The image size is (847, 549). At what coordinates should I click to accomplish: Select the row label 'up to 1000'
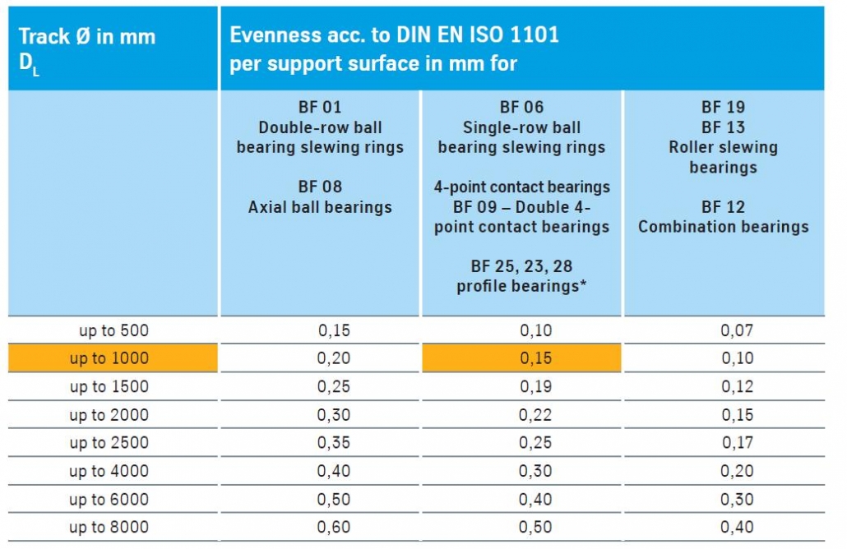coord(109,358)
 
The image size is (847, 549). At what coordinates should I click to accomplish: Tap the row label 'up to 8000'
coord(109,527)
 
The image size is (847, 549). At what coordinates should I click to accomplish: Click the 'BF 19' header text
coord(723,108)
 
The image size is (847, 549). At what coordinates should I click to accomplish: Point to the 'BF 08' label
coord(320,187)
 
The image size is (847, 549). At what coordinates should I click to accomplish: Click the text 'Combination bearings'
coord(723,227)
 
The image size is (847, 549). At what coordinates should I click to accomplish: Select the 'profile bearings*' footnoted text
coord(521,286)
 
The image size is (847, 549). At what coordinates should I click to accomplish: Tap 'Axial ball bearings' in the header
coord(320,207)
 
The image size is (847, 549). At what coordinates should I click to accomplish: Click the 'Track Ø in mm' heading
coord(86,37)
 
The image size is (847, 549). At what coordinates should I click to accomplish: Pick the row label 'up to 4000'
coord(109,471)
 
